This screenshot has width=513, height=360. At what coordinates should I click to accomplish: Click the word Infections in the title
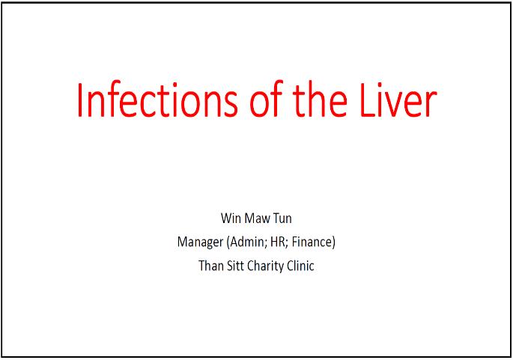157,100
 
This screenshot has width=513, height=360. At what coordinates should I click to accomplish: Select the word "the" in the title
320,99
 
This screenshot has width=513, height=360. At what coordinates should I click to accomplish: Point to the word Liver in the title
398,99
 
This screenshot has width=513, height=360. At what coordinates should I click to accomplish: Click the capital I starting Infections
79,100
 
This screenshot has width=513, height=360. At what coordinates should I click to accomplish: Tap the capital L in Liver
368,100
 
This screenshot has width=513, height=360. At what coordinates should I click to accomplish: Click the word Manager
200,242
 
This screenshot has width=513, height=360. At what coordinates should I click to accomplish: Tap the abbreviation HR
277,242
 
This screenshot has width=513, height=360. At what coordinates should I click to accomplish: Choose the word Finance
312,242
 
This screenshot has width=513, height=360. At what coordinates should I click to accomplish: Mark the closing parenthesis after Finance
333,242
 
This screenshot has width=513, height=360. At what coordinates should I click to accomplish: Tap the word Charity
265,266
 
